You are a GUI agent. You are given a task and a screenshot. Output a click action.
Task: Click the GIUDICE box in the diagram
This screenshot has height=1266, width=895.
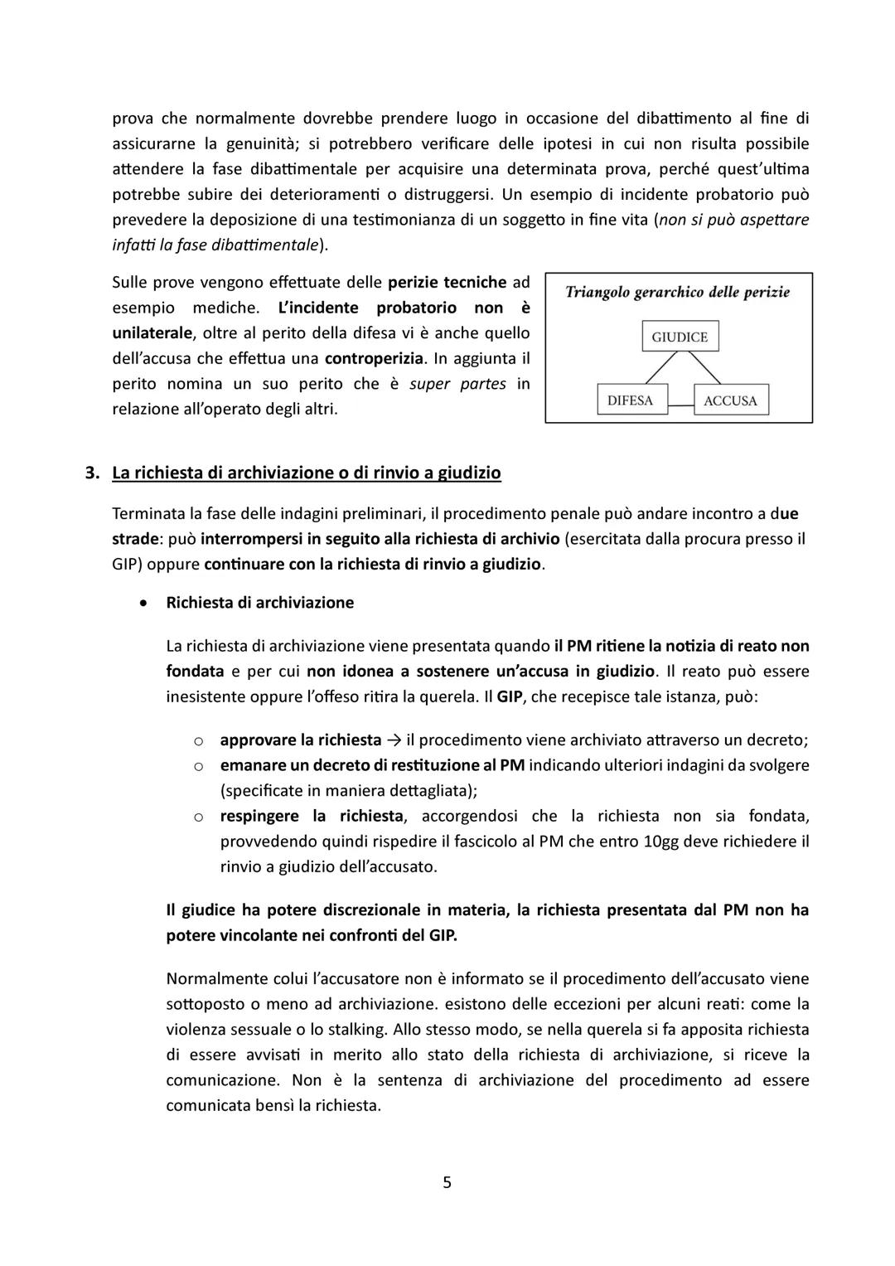coord(680,337)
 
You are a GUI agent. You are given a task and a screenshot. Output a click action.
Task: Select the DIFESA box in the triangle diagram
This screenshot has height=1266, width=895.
coord(630,400)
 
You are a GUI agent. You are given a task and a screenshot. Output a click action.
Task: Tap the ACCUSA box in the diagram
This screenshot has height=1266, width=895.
coord(730,400)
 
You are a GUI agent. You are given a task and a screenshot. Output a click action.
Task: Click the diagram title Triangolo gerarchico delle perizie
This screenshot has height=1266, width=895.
coord(677,292)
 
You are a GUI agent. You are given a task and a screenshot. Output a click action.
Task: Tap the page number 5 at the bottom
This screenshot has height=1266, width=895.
coord(447,1182)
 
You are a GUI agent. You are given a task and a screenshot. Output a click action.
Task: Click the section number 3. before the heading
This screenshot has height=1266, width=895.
coord(93,473)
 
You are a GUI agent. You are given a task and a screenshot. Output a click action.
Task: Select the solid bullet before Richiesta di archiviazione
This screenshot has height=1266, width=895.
coord(146,603)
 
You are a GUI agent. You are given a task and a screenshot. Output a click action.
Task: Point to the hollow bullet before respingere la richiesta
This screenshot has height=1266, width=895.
coord(199,817)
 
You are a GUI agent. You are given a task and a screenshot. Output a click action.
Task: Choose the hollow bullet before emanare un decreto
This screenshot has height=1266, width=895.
coord(199,765)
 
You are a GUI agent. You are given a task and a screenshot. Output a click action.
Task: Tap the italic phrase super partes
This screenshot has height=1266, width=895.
coord(457,384)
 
